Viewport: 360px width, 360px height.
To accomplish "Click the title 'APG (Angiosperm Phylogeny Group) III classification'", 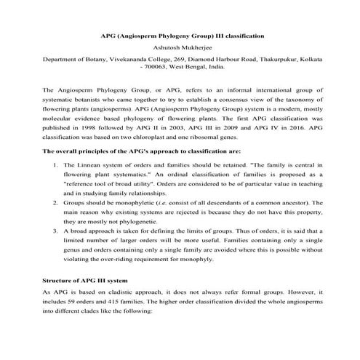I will pos(182,35).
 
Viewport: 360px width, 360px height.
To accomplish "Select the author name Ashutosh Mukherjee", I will pos(182,48).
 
